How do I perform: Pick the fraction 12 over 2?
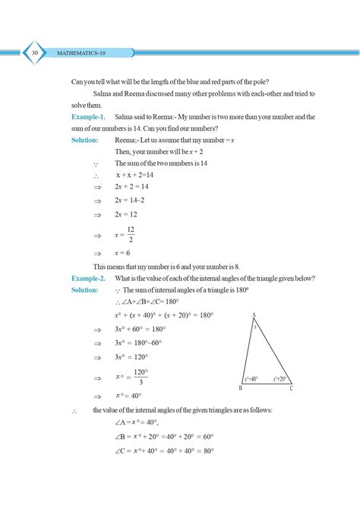131,235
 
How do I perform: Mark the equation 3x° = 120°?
131,356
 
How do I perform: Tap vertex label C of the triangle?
290,388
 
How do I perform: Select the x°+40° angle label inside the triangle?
251,378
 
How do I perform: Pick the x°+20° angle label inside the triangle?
279,378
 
